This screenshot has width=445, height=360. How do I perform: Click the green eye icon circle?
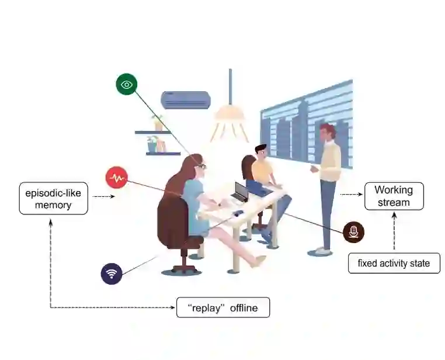[126, 84]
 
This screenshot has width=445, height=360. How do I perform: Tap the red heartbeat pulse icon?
[116, 177]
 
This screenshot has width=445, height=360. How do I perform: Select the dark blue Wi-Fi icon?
[112, 274]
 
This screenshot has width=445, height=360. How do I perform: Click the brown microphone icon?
[353, 232]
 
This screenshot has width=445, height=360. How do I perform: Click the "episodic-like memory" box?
[53, 198]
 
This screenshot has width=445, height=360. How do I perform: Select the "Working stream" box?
[394, 196]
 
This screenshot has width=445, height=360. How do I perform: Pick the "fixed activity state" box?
[394, 263]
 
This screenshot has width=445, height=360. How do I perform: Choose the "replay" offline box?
[223, 307]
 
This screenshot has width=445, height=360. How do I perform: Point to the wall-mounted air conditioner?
[185, 100]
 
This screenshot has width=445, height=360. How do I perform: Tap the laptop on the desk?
[240, 192]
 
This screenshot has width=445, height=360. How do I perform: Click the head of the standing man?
[328, 131]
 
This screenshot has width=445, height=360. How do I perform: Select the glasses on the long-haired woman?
[201, 166]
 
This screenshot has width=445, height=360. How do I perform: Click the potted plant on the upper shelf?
[157, 123]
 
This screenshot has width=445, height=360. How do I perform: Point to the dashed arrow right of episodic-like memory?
[103, 196]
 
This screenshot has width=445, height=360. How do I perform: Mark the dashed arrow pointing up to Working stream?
[394, 231]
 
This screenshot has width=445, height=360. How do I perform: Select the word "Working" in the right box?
[394, 190]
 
